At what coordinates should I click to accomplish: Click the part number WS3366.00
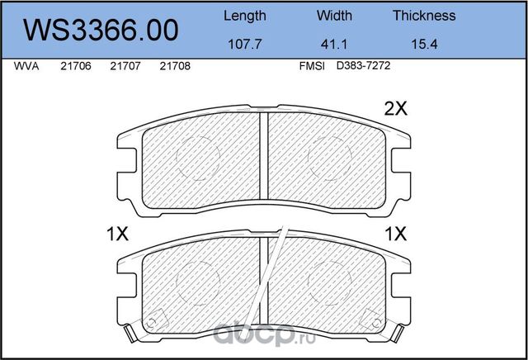click(x=101, y=30)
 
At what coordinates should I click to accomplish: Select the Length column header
click(x=245, y=17)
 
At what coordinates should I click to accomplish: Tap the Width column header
click(x=334, y=16)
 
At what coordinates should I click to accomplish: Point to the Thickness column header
click(x=424, y=16)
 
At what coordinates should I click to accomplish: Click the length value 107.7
click(x=245, y=44)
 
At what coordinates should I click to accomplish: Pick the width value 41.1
click(x=334, y=44)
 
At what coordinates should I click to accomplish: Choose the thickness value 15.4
click(x=424, y=44)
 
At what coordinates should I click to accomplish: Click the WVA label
click(x=26, y=66)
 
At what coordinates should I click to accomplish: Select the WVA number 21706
click(x=76, y=66)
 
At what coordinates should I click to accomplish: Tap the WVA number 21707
click(x=125, y=66)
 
